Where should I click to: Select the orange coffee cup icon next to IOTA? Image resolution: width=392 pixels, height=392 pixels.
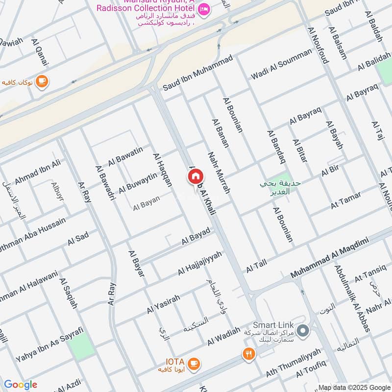click(195, 363)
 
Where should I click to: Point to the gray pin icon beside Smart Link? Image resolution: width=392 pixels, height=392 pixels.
click(303, 332)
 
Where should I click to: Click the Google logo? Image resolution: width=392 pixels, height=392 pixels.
click(21, 385)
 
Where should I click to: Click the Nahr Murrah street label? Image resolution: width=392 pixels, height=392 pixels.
click(219, 172)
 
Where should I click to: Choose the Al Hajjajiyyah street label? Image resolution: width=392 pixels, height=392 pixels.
click(200, 263)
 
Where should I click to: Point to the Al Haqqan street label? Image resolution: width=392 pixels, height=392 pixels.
click(163, 170)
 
